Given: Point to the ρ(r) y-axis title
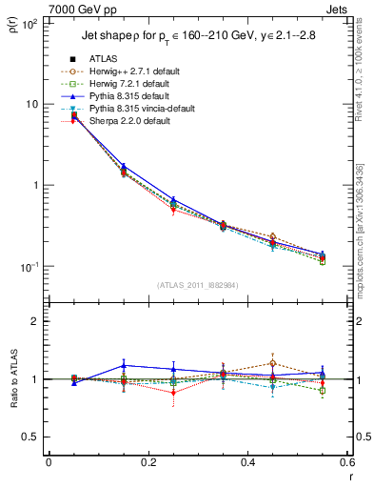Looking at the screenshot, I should pos(14,24).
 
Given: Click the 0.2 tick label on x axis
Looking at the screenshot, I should pos(148,463).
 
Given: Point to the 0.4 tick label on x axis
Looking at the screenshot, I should pos(248,463).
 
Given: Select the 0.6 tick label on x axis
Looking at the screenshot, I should pos(346,463).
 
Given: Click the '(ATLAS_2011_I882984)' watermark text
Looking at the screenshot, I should pos(198,285).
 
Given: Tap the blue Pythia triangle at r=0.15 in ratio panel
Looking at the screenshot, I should pos(123,365).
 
